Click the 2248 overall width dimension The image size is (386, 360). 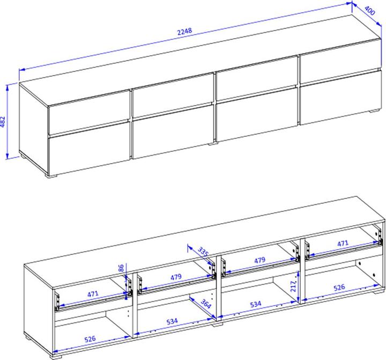pos(184,32)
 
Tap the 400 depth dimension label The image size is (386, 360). pos(369,10)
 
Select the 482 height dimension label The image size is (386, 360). pos(3,122)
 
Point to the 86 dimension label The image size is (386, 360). pos(121,269)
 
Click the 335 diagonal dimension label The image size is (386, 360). pos(203,252)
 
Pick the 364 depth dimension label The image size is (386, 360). pos(206,304)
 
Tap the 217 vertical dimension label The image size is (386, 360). pos(293,286)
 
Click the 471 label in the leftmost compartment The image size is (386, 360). pos(93,293)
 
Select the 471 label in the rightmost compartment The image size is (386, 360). pos(343,244)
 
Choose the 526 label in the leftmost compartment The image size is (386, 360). pos(90,339)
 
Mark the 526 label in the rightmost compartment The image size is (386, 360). pos(339,288)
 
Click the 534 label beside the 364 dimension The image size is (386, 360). pos(172,321)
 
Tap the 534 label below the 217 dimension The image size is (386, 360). pos(256,305)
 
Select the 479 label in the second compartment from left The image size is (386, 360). pos(176,277)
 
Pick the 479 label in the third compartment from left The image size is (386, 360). pos(259,260)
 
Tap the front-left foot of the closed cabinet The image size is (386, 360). pos(51,175)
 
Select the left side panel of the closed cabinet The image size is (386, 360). pos(34,128)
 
